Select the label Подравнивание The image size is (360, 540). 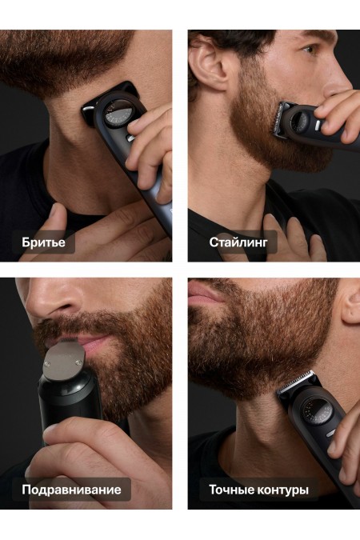pyautogui.click(x=71, y=490)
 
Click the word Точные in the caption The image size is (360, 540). pyautogui.click(x=230, y=490)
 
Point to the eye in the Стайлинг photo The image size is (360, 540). pyautogui.click(x=309, y=50)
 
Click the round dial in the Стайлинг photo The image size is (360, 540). pyautogui.click(x=302, y=122)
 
